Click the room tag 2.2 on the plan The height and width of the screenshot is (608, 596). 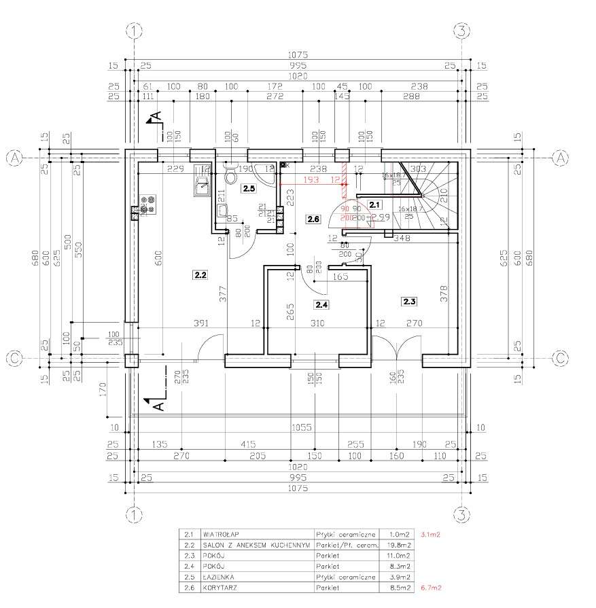[x=200, y=274]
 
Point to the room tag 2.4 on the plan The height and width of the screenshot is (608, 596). [x=321, y=305]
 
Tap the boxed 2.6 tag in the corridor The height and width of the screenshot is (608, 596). [x=313, y=219]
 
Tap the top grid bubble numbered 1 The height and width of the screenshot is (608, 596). [x=136, y=31]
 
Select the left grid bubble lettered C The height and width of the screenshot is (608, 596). [x=14, y=357]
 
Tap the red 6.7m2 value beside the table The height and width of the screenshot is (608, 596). [x=432, y=587]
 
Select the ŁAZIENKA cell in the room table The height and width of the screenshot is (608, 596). [x=218, y=577]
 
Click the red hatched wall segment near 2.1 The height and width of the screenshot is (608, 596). [x=345, y=174]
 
